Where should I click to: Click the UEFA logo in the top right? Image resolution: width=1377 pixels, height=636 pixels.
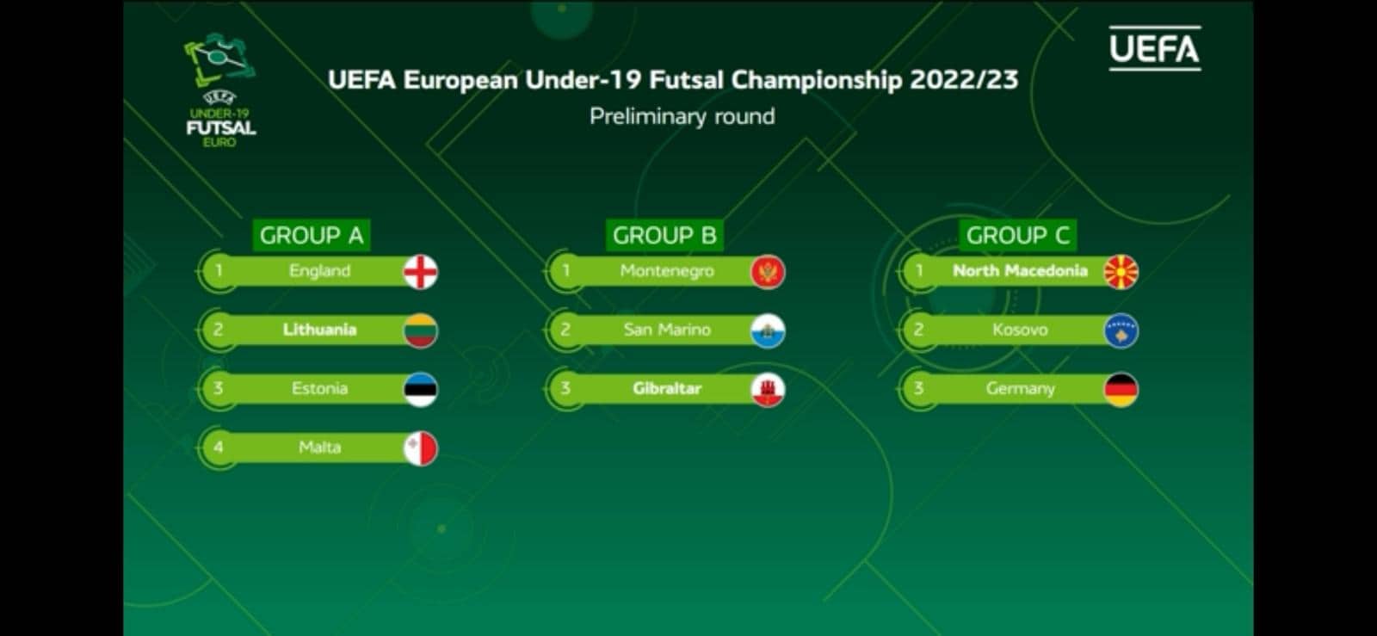click(x=1154, y=48)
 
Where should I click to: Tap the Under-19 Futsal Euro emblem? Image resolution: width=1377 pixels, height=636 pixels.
click(x=220, y=90)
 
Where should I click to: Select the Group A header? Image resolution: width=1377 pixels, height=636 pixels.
click(x=312, y=235)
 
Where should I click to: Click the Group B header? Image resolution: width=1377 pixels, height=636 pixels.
click(x=664, y=235)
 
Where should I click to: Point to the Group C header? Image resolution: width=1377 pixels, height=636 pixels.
click(x=1018, y=235)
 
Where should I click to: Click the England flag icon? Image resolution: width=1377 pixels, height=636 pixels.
click(x=421, y=272)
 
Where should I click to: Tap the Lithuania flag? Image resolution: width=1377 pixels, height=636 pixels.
click(x=421, y=330)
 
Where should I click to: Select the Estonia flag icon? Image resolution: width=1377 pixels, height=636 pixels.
click(x=421, y=390)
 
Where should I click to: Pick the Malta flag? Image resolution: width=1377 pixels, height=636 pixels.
click(x=421, y=448)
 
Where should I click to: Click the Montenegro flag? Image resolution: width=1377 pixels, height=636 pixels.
click(x=768, y=272)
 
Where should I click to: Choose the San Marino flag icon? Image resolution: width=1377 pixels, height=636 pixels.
click(x=768, y=330)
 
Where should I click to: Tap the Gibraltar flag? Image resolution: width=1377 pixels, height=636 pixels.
click(x=768, y=390)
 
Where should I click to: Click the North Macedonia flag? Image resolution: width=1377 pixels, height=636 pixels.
click(x=1121, y=272)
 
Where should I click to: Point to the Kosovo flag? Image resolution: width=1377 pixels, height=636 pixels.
click(x=1121, y=330)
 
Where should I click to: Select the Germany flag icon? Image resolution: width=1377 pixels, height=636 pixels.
click(x=1121, y=390)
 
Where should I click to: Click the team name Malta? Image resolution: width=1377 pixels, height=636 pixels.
click(x=319, y=448)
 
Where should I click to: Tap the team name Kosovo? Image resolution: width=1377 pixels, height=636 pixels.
click(x=1020, y=330)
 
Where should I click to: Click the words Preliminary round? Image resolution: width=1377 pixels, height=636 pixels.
click(x=682, y=116)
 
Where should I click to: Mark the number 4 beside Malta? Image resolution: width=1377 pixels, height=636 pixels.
click(x=219, y=448)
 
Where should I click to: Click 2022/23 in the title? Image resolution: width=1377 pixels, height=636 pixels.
click(x=964, y=80)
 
